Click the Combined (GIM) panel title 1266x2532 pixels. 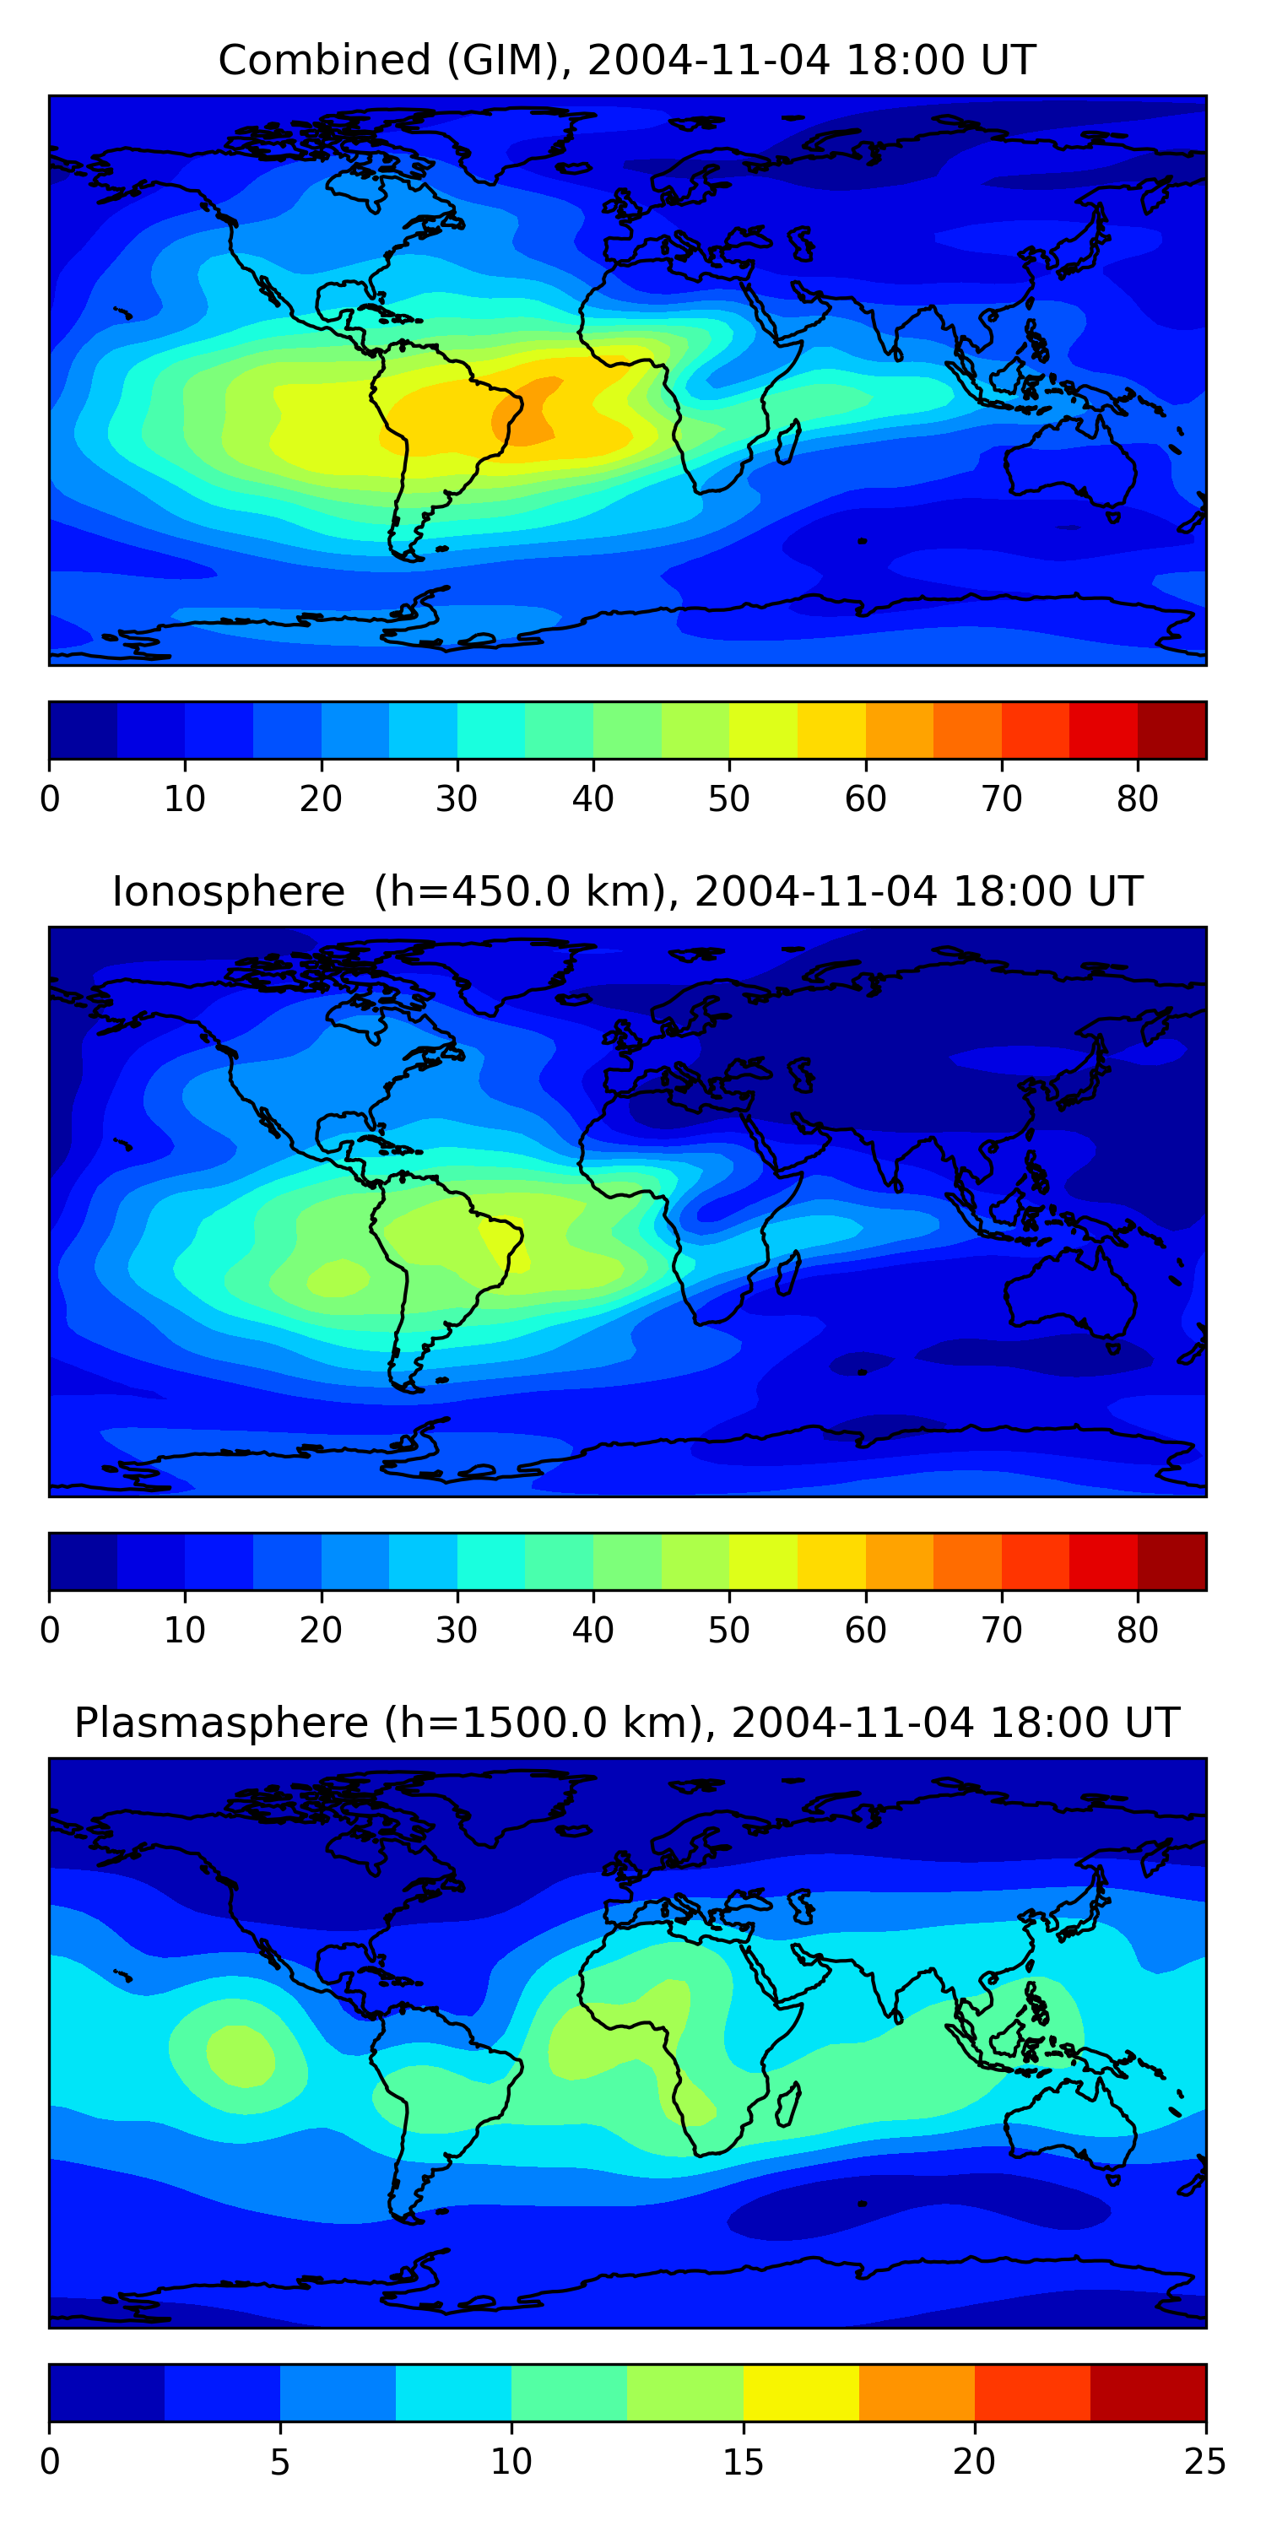pos(627,60)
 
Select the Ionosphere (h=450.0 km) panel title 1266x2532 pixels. pos(627,891)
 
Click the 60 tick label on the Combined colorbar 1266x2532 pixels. pos(865,799)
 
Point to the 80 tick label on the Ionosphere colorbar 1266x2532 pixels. pos(1137,1631)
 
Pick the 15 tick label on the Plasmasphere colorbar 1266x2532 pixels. pos(743,2461)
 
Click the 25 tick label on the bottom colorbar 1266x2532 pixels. pos(1205,2461)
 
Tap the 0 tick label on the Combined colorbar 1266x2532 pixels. pos(50,799)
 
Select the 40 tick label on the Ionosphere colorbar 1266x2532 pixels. pos(592,1631)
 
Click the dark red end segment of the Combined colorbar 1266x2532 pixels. pos(1171,730)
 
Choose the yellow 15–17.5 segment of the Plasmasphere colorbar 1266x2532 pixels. pos(801,2393)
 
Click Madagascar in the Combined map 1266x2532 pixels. pos(788,441)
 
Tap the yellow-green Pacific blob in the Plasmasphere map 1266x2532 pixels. pos(240,2053)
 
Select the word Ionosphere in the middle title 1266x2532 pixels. pos(228,891)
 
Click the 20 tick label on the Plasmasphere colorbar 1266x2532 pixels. pos(974,2461)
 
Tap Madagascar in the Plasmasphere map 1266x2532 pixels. pos(788,2104)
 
